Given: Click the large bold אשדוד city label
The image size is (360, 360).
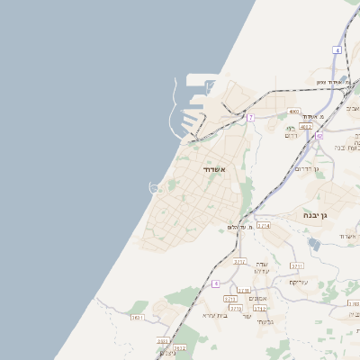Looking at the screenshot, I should click(213, 170).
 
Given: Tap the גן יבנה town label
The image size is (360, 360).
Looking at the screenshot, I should click(320, 215).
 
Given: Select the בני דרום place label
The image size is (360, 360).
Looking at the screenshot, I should click(291, 133).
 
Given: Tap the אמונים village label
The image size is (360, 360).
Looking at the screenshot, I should click(258, 298).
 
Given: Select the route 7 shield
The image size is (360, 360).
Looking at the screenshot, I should click(250, 118).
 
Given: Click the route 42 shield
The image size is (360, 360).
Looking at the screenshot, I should click(319, 136).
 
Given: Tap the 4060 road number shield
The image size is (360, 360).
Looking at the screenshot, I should click(294, 112).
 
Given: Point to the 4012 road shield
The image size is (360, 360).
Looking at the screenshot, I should click(306, 126).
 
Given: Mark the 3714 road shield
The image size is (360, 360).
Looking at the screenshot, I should click(263, 226).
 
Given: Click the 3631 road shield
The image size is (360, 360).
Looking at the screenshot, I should click(138, 317).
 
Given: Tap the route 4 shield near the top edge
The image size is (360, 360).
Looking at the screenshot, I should click(337, 50).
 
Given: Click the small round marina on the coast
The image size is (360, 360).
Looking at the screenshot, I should click(155, 187).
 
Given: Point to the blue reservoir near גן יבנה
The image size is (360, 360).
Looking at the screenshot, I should click(312, 242).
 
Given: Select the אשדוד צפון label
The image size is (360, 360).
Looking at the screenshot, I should click(333, 82).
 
